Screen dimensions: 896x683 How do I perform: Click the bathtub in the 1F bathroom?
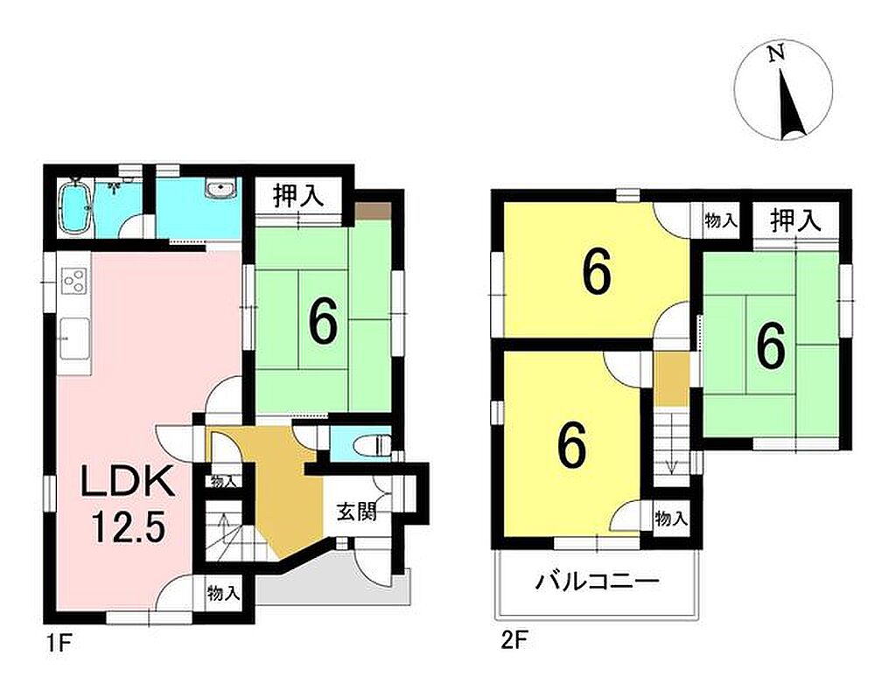point(74,206)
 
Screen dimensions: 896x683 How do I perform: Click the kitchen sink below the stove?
point(74,338)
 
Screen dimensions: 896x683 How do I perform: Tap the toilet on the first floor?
point(374,443)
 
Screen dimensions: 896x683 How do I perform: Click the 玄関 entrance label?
point(357,512)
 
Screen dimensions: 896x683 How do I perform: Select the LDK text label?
point(127,483)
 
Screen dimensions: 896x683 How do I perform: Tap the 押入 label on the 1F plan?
point(298,196)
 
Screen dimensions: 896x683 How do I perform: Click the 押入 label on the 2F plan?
point(794,220)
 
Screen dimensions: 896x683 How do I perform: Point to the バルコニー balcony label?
point(597,582)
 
